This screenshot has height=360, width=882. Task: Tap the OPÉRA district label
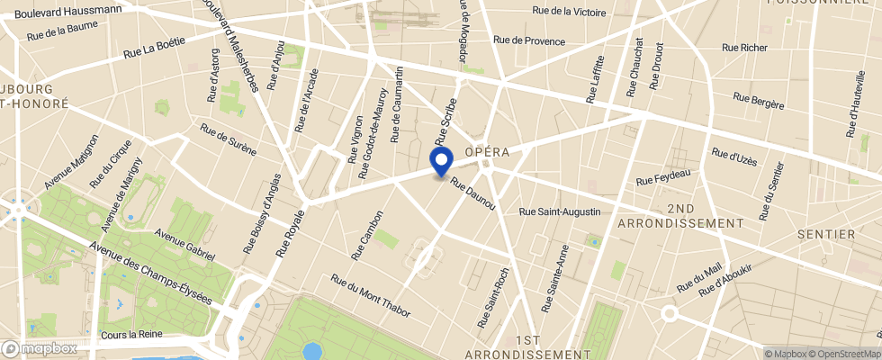point(487,152)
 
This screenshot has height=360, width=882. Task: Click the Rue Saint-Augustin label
point(560,211)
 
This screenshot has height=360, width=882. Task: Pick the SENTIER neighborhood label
point(826,234)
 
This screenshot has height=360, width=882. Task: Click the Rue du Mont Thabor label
point(370,295)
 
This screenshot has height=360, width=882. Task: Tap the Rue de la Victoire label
point(569,12)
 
